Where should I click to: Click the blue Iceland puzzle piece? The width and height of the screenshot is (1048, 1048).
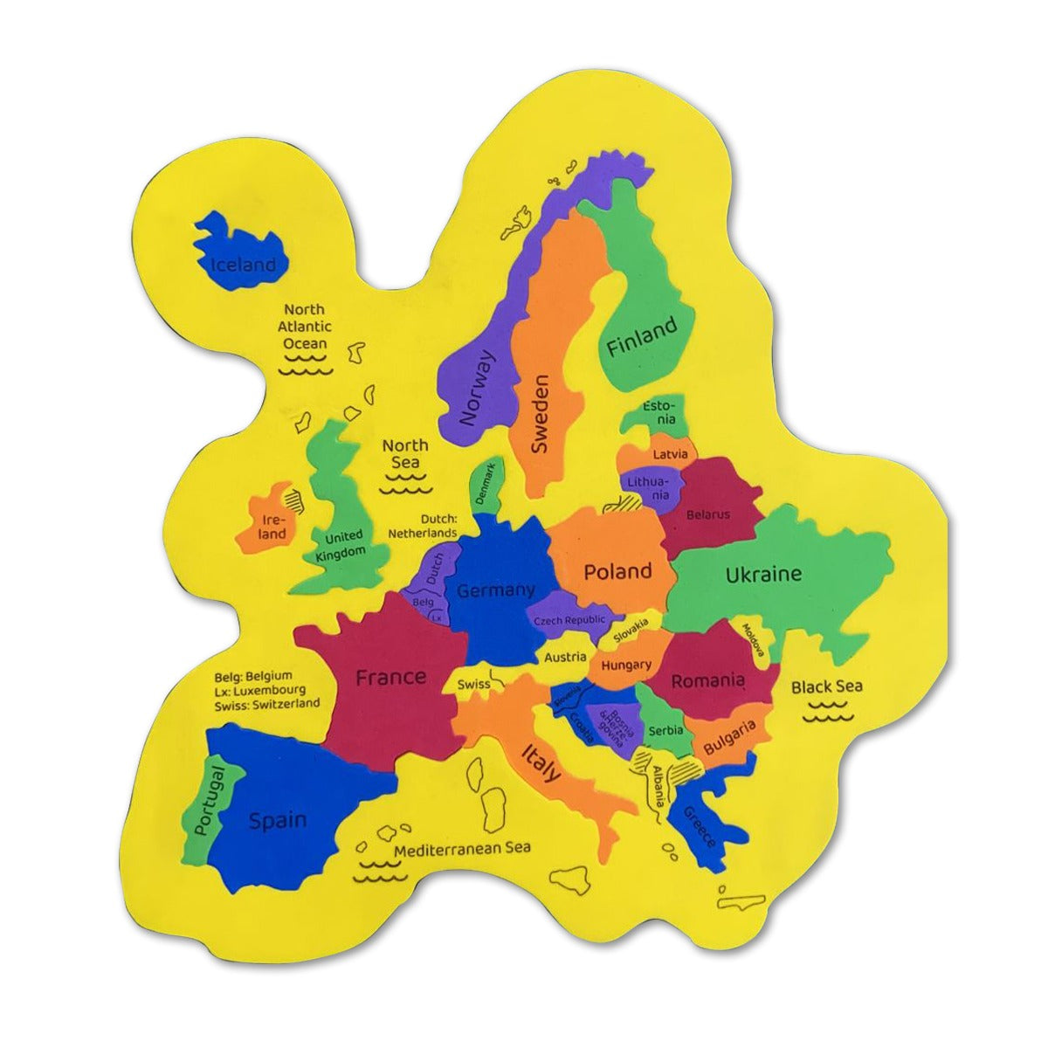click(240, 253)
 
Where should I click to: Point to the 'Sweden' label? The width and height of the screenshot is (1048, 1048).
click(541, 414)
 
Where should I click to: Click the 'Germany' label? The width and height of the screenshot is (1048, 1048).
click(495, 590)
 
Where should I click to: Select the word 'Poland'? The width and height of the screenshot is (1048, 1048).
click(617, 572)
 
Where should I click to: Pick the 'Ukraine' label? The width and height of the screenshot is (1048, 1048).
click(762, 574)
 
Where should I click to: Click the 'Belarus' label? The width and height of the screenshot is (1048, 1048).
click(707, 514)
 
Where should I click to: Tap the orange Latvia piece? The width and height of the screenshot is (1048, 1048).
click(669, 454)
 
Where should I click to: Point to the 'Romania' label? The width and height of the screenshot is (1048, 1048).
click(707, 680)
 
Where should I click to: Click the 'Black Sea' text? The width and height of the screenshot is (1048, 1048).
click(826, 686)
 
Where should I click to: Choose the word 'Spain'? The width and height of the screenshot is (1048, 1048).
click(278, 820)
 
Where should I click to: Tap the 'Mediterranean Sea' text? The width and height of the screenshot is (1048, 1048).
click(462, 848)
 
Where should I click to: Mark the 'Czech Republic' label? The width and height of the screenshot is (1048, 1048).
click(569, 620)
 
